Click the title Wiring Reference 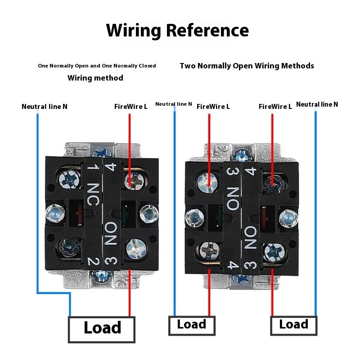177,31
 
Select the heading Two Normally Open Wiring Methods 247,66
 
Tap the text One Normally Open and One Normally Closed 97,66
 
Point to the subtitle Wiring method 95,78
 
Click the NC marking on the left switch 93,194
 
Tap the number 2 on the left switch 93,261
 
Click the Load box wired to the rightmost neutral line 294,325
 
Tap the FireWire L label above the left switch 131,107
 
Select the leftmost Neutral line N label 45,107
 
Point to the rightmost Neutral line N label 317,104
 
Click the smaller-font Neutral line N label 174,104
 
